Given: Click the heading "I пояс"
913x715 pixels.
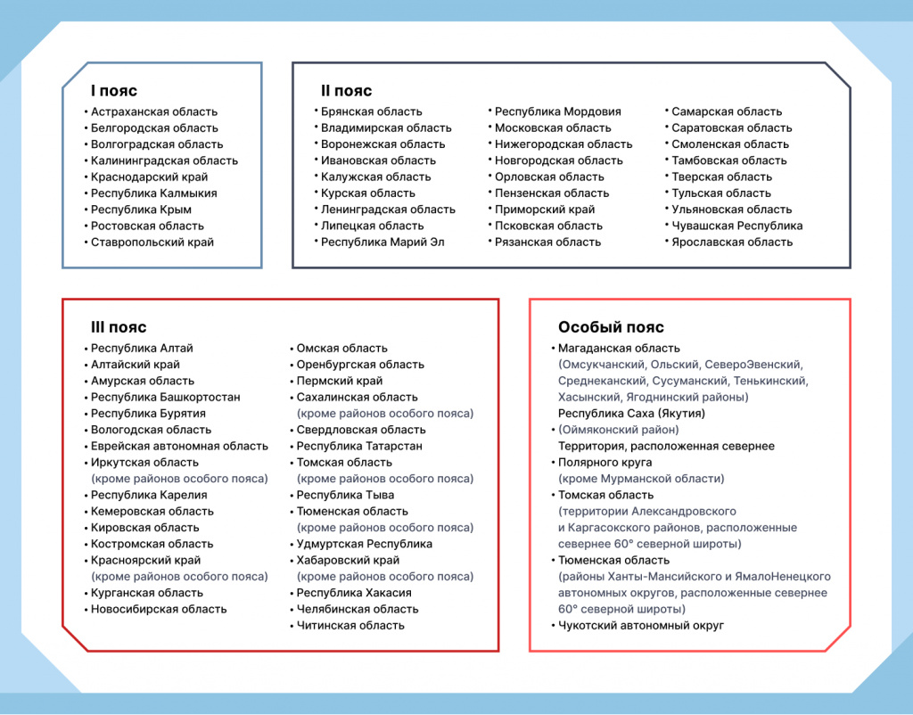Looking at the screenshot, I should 113,91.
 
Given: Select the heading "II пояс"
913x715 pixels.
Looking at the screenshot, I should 346,91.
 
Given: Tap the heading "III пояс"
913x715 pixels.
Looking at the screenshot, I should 119,327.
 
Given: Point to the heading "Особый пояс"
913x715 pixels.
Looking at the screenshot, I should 611,327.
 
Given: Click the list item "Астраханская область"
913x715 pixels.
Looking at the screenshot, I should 153,112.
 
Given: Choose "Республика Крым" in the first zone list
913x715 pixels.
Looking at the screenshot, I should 141,210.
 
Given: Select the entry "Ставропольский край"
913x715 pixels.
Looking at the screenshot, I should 152,242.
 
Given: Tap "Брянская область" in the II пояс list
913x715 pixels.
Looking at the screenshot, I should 371,112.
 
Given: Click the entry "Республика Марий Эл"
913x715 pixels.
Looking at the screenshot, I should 382,242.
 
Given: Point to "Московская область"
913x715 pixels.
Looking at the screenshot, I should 553,128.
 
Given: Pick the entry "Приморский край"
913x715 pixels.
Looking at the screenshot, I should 545,210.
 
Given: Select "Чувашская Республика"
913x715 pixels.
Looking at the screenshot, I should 736,226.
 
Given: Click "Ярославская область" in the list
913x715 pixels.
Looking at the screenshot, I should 731,242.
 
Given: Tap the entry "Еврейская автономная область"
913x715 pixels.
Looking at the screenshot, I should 178,447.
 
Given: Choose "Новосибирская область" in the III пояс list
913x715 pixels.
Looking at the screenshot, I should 158,610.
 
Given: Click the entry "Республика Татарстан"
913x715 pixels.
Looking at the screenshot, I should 359,447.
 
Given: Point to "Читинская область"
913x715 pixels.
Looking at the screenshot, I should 350,626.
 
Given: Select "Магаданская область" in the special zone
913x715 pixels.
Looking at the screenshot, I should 619,349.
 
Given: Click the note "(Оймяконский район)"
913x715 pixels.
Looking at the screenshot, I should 616,430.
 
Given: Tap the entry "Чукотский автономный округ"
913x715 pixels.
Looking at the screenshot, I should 641,626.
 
